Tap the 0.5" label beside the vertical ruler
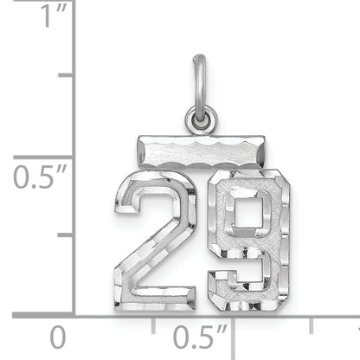click(x=35, y=177)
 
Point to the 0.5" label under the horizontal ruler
click(x=199, y=336)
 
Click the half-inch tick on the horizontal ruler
click(x=232, y=321)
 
